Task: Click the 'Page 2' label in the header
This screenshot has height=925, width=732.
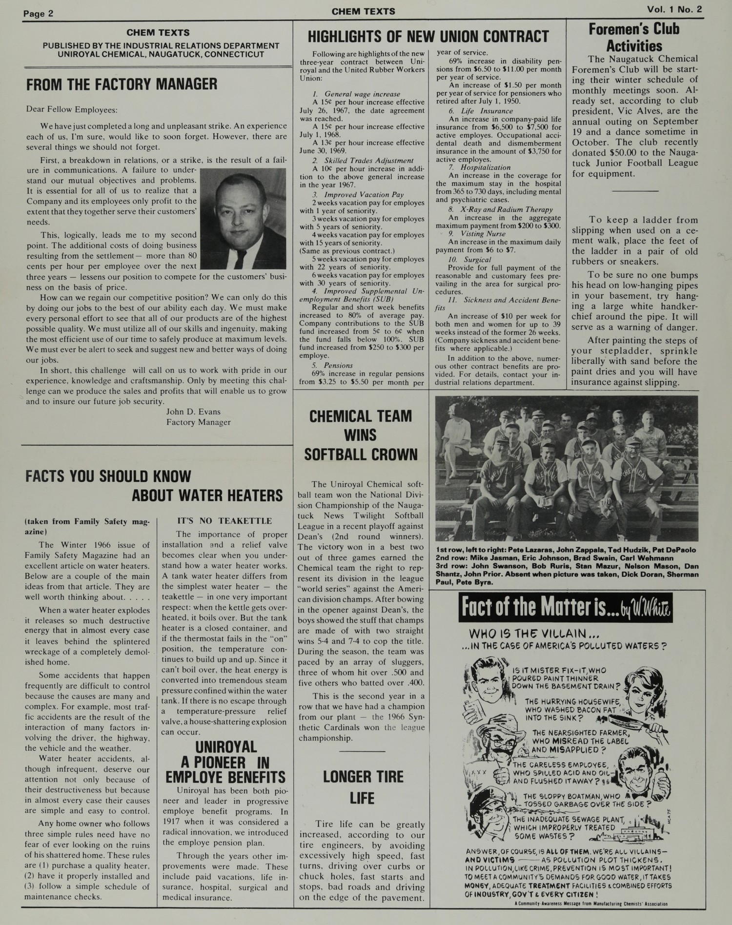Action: [38, 13]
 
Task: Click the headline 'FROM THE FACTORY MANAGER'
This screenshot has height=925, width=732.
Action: [122, 84]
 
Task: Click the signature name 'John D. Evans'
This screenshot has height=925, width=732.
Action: [193, 411]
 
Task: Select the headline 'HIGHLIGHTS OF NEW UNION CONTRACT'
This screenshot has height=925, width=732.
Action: [428, 37]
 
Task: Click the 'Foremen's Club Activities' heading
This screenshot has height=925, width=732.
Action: [634, 38]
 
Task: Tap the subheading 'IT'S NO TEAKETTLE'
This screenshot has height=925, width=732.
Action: [224, 521]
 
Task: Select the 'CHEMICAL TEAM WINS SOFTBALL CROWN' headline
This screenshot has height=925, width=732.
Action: [361, 435]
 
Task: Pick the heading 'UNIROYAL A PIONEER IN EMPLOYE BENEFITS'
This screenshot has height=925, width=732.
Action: [226, 762]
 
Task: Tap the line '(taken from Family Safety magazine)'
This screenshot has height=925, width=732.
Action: [87, 526]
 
